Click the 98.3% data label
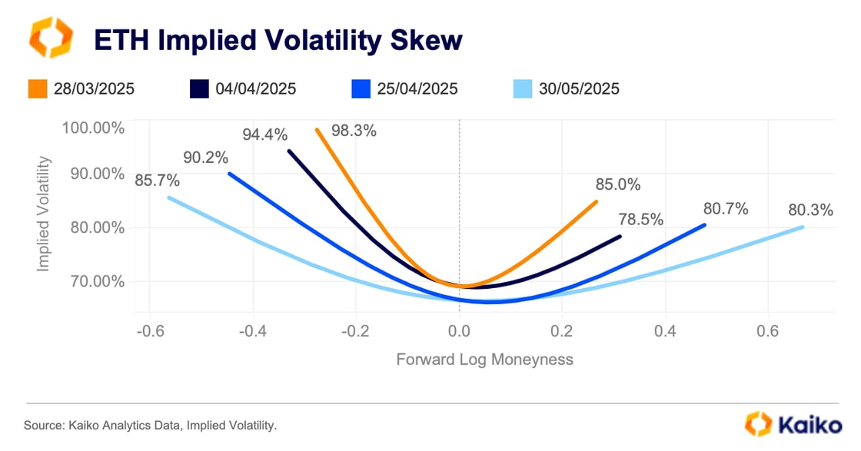(x=354, y=131)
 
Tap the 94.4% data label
(x=265, y=135)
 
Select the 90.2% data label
(x=205, y=158)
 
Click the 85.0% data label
(x=617, y=184)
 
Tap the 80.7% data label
(x=725, y=208)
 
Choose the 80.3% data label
(x=809, y=210)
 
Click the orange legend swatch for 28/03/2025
(x=38, y=89)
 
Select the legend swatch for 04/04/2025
(x=198, y=89)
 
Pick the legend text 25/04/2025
(x=417, y=89)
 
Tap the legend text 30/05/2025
(x=578, y=89)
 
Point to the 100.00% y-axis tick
(x=93, y=128)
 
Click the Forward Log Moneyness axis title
(x=484, y=359)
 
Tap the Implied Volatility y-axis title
(x=44, y=214)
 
